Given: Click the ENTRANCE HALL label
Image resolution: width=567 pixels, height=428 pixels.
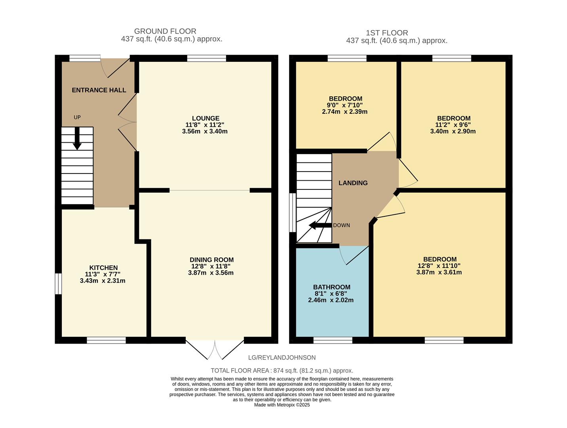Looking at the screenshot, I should [99, 90].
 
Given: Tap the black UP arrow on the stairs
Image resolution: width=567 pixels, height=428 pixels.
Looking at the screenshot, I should [77, 139].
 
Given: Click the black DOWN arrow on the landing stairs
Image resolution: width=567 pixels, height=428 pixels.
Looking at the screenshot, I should [320, 225].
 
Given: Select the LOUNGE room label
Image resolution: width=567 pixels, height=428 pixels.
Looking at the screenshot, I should [205, 118].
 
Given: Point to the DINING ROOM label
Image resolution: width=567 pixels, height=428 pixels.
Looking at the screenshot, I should [211, 260].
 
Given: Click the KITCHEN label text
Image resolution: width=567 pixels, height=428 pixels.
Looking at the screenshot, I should [103, 268].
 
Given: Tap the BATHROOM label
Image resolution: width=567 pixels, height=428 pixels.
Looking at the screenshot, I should [331, 287].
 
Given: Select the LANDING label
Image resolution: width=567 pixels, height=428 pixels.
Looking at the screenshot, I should [353, 183].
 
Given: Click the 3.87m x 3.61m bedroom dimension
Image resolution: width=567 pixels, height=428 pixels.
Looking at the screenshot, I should [439, 272].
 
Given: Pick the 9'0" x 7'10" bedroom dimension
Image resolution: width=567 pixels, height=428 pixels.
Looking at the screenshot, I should [345, 105].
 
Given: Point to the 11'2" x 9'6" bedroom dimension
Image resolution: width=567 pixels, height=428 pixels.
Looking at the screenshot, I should [453, 125].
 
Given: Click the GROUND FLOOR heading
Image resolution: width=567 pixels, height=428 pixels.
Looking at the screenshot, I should [165, 31].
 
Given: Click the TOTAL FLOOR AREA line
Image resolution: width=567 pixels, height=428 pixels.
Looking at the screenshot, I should [282, 371].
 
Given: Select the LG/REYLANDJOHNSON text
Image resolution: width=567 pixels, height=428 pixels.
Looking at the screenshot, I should [282, 357].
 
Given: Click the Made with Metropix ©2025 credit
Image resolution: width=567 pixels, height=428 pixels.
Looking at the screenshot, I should [282, 405].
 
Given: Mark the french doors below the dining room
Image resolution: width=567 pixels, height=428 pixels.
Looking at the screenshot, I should [215, 349].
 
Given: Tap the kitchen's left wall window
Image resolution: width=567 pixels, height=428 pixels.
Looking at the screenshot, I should [58, 284].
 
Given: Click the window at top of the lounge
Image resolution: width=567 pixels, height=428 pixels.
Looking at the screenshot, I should [206, 59].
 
